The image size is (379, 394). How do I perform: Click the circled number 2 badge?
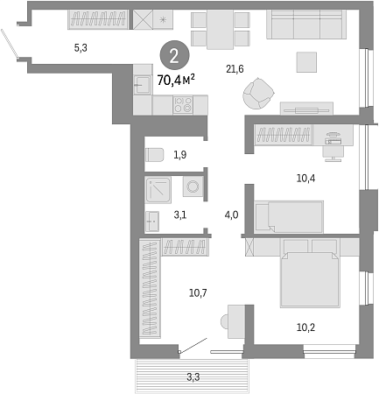[x=174, y=55]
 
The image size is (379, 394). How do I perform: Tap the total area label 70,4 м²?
[x=176, y=80]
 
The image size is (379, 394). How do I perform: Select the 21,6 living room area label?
[x=235, y=69]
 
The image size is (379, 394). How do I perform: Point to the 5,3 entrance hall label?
[x=81, y=47]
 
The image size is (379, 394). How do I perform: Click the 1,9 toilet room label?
[x=180, y=155]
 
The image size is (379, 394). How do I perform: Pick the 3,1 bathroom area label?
[x=180, y=215]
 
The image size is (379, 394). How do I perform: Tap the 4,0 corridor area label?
[x=231, y=215]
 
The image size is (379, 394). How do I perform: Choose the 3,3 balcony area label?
[x=193, y=377]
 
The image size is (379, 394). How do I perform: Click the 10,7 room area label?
[x=198, y=292]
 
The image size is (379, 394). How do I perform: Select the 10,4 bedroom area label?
[x=305, y=178]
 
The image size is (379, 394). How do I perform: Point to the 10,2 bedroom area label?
[x=305, y=327]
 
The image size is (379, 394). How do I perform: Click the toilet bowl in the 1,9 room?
[x=154, y=155]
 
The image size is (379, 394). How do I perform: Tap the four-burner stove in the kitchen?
[x=183, y=105]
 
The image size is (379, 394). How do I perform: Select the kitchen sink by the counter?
[x=143, y=85]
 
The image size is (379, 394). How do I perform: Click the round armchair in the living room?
[x=258, y=94]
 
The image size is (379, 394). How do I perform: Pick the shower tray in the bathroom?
[x=158, y=190]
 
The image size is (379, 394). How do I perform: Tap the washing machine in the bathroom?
[x=193, y=186]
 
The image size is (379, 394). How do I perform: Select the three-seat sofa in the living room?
[x=306, y=25]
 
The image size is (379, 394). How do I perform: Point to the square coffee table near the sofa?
[x=306, y=62]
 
